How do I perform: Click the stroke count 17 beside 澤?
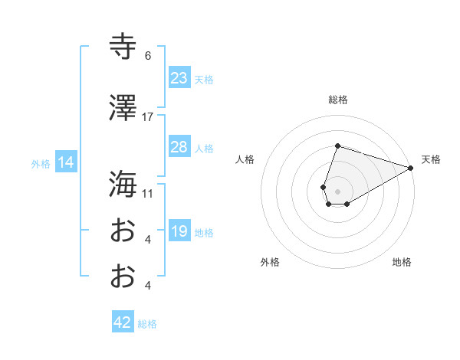click(x=148, y=117)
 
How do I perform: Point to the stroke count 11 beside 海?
click(x=148, y=193)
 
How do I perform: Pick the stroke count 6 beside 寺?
click(x=148, y=56)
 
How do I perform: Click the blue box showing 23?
click(x=179, y=78)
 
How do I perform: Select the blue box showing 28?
click(x=179, y=147)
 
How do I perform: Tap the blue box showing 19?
click(x=179, y=231)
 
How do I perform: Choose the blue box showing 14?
click(x=65, y=162)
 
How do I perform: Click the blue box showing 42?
click(x=123, y=322)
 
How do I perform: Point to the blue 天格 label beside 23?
click(x=204, y=80)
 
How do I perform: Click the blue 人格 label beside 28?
click(x=204, y=149)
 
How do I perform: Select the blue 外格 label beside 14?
click(x=41, y=163)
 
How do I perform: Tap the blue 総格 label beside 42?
click(x=148, y=324)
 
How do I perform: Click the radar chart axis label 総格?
click(x=337, y=100)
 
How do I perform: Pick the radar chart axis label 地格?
click(x=402, y=263)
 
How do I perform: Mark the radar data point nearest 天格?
click(x=412, y=169)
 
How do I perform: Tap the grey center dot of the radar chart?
click(x=337, y=189)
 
